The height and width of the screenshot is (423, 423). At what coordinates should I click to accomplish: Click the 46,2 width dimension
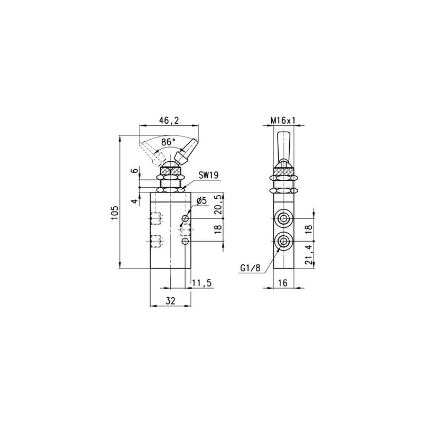click(x=169, y=120)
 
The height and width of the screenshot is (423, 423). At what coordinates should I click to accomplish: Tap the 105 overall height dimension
click(x=114, y=213)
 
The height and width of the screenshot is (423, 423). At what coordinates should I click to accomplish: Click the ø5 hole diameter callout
click(x=201, y=201)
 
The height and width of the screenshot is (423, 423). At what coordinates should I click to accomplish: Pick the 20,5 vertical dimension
click(x=219, y=205)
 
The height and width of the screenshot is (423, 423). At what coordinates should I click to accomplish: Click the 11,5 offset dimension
click(x=202, y=283)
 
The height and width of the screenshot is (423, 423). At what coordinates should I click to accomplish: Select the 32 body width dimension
click(x=171, y=300)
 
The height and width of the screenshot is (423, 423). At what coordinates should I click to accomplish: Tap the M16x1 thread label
click(x=283, y=121)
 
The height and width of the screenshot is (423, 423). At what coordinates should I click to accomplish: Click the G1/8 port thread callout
click(x=250, y=268)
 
